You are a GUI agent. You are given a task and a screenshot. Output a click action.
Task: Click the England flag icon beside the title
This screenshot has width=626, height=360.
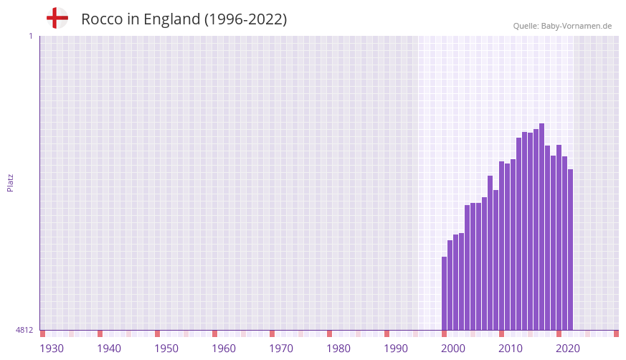[x=57, y=18]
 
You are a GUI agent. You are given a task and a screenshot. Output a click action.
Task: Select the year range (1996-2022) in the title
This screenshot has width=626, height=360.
[x=245, y=19]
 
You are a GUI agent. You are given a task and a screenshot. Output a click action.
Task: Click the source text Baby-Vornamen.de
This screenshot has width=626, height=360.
[x=577, y=26]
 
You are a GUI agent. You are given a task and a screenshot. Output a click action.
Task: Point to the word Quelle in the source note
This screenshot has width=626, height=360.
[x=526, y=26]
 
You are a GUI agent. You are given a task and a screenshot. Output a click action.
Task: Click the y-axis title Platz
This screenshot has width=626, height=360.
[x=10, y=182]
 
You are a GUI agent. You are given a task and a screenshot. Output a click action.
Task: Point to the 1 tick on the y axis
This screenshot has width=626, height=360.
[x=30, y=36]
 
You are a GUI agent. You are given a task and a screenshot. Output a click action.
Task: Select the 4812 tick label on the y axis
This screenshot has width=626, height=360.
[x=24, y=330]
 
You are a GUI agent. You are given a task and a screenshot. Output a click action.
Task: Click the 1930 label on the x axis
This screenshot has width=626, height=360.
[x=52, y=349]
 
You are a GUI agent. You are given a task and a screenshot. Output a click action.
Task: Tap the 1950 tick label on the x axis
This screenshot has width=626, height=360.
[x=166, y=349]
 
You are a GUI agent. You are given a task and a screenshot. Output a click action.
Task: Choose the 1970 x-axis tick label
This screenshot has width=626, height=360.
[x=281, y=349]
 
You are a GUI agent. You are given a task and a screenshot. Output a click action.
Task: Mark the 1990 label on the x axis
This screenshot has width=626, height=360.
[x=396, y=349]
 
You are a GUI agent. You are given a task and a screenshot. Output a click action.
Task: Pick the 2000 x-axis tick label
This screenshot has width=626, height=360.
[x=453, y=349]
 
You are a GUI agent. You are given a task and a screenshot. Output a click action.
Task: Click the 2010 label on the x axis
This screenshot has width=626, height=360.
[x=511, y=349]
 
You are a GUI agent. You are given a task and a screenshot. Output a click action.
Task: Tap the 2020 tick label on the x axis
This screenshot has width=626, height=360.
[x=568, y=349]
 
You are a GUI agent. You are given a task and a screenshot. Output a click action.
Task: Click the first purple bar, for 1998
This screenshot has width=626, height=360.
[x=444, y=294]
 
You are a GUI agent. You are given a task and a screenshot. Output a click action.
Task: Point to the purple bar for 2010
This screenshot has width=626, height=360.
[x=513, y=244]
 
